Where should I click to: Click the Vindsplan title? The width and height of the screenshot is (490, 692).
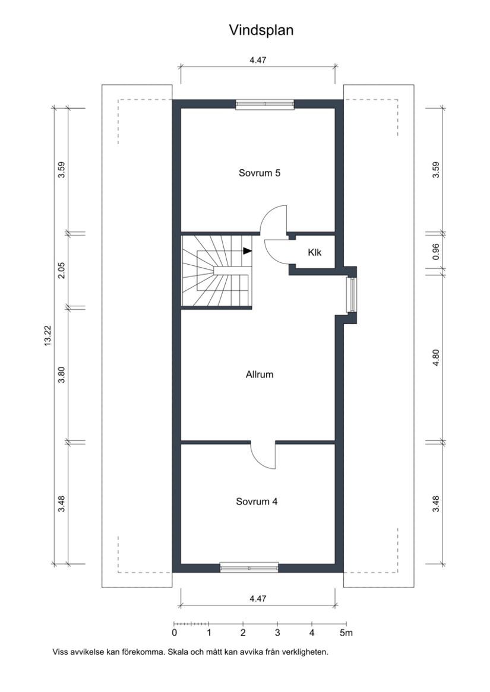[x=261, y=30]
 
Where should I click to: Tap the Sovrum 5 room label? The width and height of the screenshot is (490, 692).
[x=260, y=174]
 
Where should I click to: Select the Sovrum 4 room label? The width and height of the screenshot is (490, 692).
[x=257, y=501]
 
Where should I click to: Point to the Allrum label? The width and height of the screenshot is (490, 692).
[x=260, y=375]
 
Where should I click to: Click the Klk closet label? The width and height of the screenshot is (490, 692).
[x=314, y=252]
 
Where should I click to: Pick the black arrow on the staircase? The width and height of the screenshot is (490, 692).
[x=247, y=251]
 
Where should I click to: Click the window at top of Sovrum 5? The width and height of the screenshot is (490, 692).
[x=265, y=104]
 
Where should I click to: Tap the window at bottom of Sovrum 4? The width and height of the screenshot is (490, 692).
[x=249, y=568]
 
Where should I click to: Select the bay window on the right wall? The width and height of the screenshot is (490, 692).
[x=352, y=294]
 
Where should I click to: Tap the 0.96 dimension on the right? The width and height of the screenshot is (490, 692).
[x=435, y=253]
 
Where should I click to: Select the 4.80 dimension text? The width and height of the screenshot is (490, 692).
[x=435, y=358]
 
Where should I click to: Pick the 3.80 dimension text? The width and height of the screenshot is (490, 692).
[x=61, y=375]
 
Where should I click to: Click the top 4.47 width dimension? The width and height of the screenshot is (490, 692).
[x=257, y=61]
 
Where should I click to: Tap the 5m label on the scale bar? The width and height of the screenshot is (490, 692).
[x=346, y=633]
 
